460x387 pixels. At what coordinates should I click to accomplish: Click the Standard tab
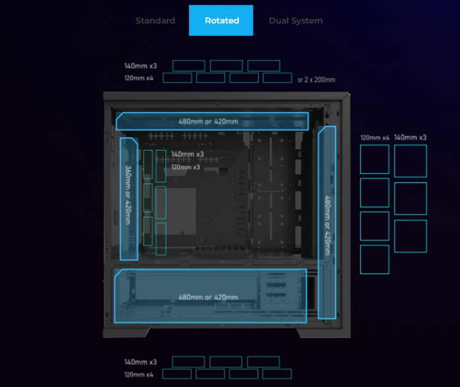click(155, 21)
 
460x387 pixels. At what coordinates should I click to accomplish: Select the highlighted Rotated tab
click(221, 21)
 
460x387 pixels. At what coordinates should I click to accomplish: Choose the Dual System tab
click(296, 21)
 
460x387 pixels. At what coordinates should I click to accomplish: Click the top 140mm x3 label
click(140, 66)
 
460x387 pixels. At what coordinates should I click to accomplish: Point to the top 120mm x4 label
click(139, 78)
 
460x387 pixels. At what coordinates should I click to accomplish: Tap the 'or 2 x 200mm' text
click(316, 80)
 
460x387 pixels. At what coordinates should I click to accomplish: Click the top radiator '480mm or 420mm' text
click(209, 122)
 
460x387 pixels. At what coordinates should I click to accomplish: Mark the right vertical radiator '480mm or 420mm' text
click(327, 225)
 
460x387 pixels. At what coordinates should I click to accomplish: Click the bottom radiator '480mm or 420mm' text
click(209, 297)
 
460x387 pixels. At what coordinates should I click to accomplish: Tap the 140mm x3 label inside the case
click(187, 155)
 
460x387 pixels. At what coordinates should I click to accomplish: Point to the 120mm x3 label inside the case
click(185, 167)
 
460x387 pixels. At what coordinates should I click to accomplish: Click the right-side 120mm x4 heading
click(375, 138)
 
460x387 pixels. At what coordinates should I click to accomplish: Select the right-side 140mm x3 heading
click(410, 138)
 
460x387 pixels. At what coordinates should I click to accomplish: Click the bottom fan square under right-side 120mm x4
click(375, 259)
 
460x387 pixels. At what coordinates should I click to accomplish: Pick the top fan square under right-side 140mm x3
click(410, 161)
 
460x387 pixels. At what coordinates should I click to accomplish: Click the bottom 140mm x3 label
click(140, 362)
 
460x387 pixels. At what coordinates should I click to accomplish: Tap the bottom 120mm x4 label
click(139, 374)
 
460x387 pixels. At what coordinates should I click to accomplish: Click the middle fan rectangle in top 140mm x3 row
click(226, 66)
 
